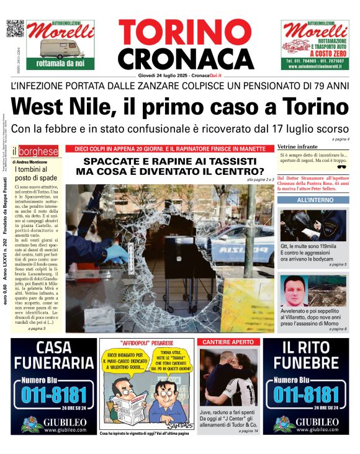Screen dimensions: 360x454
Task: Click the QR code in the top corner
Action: pyautogui.click(x=15, y=29)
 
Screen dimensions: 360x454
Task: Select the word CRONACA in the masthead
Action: pyautogui.click(x=177, y=60)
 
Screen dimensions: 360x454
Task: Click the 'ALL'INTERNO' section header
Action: pyautogui.click(x=314, y=200)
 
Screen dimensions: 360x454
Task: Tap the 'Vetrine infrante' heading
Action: pyautogui.click(x=297, y=146)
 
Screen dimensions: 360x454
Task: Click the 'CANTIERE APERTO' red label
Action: pyautogui.click(x=226, y=342)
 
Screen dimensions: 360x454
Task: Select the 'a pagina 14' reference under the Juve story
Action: pyautogui.click(x=247, y=430)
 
